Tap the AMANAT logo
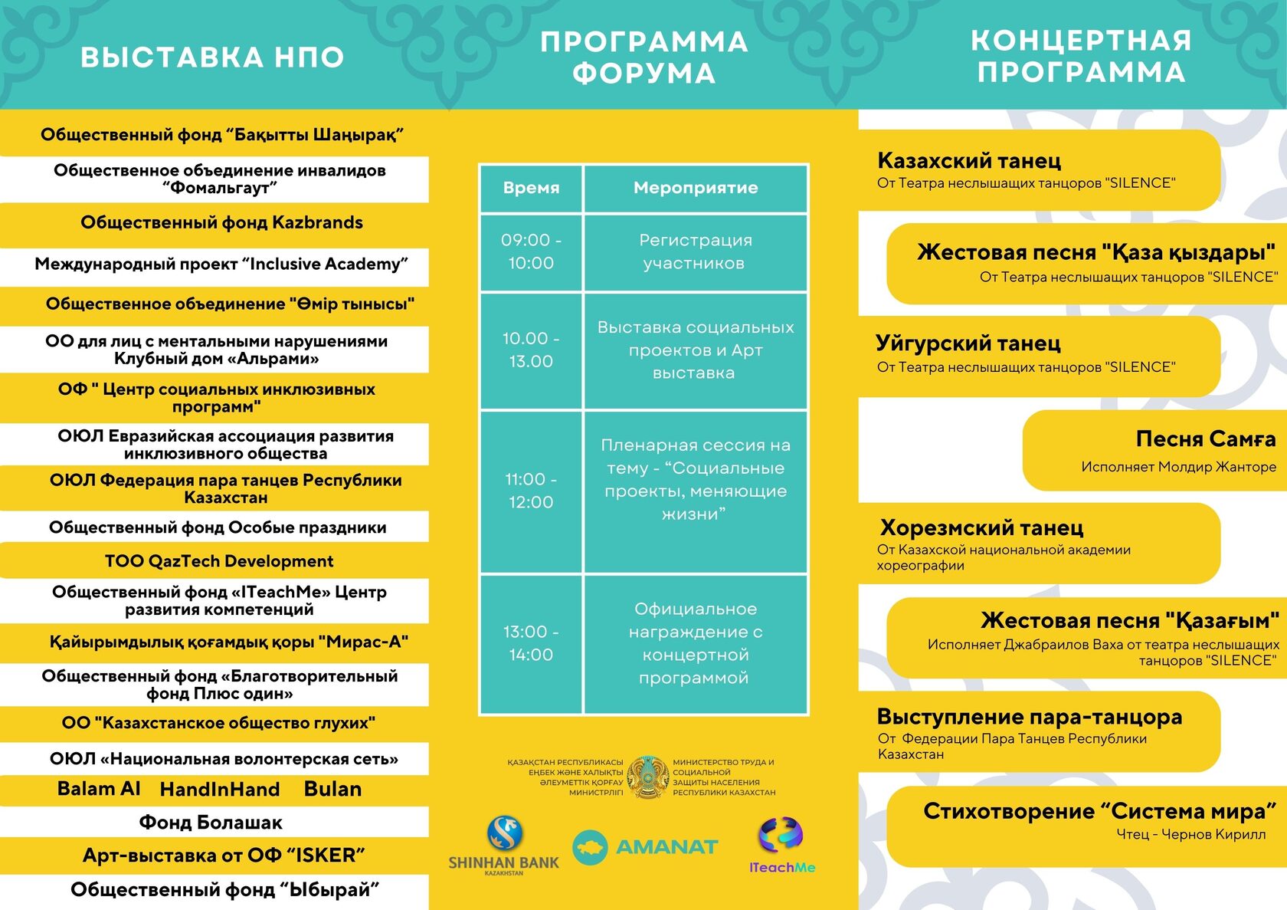645,847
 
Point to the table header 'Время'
531,188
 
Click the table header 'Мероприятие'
696,188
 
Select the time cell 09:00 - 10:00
531,251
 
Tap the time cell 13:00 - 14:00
531,643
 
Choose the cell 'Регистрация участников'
696,251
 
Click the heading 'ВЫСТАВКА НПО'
212,57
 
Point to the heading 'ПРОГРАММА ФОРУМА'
643,57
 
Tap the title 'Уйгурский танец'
968,343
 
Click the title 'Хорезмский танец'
981,528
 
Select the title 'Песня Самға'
1205,439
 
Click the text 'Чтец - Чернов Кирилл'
1190,834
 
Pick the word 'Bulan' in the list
332,790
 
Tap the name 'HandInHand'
220,790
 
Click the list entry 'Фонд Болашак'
211,823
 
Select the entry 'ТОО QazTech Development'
219,561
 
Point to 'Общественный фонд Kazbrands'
221,223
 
